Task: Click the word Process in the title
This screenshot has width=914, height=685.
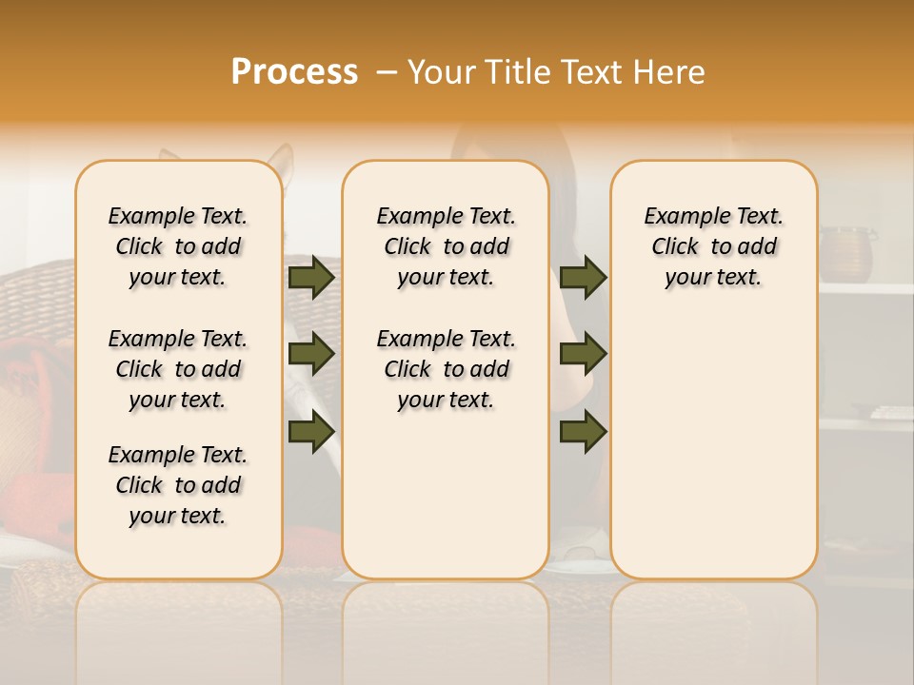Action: coord(294,72)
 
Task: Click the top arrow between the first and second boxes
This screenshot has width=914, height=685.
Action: coord(310,277)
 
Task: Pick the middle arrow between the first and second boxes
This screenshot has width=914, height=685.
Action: coord(310,354)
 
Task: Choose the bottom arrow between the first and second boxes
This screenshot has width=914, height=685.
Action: coord(310,431)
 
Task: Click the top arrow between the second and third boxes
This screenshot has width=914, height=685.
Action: coord(583,277)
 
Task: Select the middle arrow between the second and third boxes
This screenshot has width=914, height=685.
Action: coord(583,354)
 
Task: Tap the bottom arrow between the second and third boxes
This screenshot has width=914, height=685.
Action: coord(583,431)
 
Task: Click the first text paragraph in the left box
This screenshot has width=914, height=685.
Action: coord(178,246)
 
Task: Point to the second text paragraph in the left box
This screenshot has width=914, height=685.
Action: coord(178,369)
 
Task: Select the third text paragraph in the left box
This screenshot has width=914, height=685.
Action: coord(178,485)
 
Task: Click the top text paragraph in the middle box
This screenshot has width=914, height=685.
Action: coord(446,246)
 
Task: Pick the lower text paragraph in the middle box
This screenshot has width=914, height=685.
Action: coord(446,369)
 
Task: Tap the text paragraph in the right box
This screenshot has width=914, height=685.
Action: coord(713,246)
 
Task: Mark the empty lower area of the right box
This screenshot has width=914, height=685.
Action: coord(713,447)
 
